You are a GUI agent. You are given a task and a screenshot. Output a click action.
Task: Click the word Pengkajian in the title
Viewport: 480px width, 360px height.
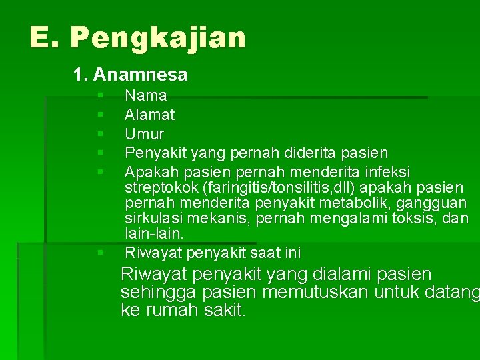point(157,39)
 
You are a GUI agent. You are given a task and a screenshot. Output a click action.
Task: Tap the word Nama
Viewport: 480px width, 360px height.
point(146,96)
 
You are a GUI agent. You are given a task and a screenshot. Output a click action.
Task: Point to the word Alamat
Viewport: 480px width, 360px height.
point(150,115)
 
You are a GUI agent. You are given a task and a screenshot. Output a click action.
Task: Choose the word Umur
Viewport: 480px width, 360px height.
point(145,134)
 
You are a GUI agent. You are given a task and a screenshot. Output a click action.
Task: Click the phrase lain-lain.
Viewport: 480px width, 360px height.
point(154,233)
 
